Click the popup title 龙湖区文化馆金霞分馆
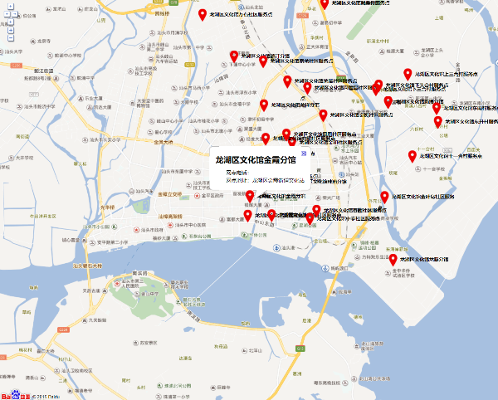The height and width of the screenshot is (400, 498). pos(255,159)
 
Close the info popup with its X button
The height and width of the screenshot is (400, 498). pos(304,154)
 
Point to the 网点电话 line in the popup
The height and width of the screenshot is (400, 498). pos(236,172)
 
